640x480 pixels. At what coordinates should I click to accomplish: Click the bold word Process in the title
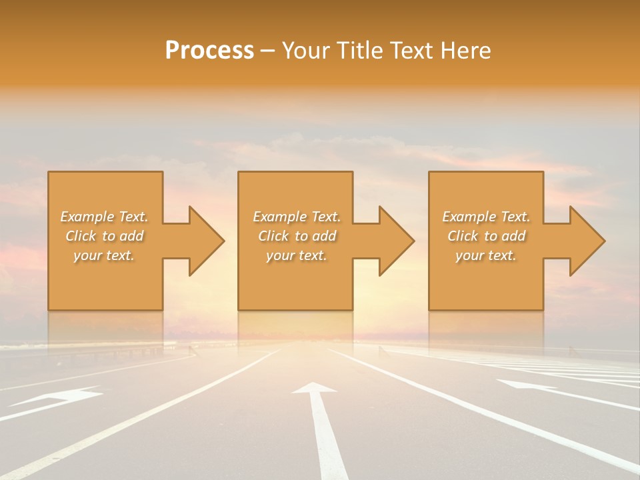tap(209, 51)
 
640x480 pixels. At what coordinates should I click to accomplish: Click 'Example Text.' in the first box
tap(104, 217)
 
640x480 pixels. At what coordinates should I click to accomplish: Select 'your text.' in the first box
tap(104, 255)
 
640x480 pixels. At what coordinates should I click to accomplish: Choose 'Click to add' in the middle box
tap(297, 236)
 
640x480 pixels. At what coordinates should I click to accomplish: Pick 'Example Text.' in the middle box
tap(297, 217)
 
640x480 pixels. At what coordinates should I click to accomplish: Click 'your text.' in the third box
tap(486, 255)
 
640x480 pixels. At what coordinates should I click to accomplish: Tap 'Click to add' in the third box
tap(486, 236)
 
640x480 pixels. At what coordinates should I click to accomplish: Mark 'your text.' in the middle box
tap(297, 255)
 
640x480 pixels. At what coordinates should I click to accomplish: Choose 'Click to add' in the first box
tap(104, 236)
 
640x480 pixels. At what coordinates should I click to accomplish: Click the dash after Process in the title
tap(268, 51)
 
